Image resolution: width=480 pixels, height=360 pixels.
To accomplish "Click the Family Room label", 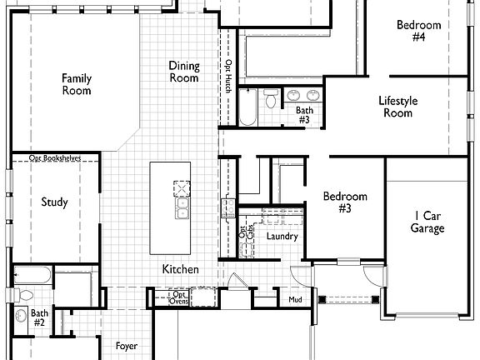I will (76, 84).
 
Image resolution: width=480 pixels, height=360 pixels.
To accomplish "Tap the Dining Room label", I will (184, 72).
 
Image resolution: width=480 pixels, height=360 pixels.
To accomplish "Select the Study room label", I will (55, 202).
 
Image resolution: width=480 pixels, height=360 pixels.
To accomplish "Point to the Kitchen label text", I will (180, 269).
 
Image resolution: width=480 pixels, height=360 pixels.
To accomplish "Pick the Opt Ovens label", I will (179, 297).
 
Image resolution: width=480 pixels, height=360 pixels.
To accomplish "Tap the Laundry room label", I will (282, 237).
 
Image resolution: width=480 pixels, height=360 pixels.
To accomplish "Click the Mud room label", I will (295, 299).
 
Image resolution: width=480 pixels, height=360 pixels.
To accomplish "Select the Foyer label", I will (127, 346).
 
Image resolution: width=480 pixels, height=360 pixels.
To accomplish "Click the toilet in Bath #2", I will (25, 293).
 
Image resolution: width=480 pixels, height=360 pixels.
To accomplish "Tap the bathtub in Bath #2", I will (33, 274).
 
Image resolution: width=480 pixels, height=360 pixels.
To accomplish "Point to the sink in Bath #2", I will (21, 317).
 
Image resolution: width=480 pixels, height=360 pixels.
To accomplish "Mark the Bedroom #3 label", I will (345, 202).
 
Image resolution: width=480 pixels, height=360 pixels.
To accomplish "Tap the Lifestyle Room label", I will (397, 107).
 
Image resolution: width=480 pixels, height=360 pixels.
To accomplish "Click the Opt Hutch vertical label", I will (228, 74).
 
